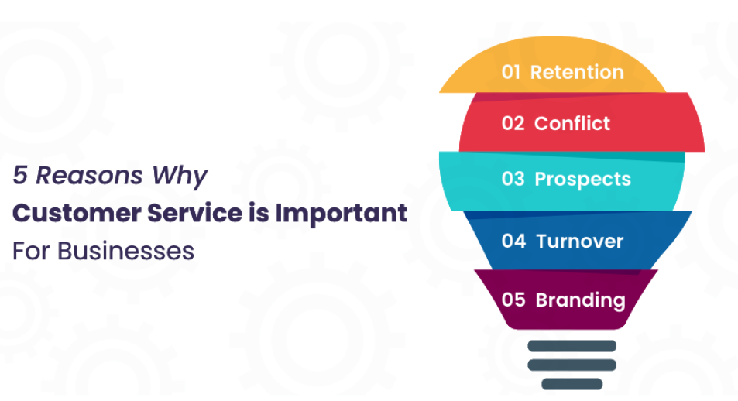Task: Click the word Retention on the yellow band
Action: (x=577, y=73)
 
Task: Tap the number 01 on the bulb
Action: (x=510, y=73)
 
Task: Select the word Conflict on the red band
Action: (x=572, y=123)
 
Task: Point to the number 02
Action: (x=513, y=123)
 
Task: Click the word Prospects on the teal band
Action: (x=582, y=180)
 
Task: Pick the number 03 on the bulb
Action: (x=513, y=179)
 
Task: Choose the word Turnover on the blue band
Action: (x=580, y=242)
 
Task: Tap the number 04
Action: (x=513, y=241)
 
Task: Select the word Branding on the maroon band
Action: (x=580, y=301)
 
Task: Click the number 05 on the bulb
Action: (x=513, y=300)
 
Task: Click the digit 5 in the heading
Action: (x=20, y=175)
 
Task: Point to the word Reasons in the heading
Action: (x=89, y=176)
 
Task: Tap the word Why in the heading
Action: (x=180, y=177)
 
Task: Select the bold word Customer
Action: (x=77, y=213)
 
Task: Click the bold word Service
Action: (x=195, y=213)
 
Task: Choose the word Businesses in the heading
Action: (x=125, y=251)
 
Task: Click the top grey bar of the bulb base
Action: (x=572, y=346)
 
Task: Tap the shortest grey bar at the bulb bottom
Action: (x=572, y=384)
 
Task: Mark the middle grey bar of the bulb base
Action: (x=572, y=365)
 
